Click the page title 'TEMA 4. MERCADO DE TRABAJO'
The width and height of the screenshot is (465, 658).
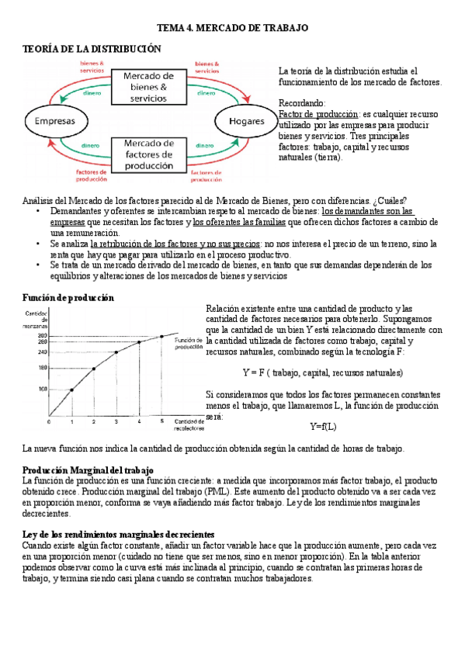point(233,28)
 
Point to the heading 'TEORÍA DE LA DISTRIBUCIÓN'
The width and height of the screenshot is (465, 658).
point(92,48)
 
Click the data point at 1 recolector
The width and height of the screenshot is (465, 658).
point(71,390)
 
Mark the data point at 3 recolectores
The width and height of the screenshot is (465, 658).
point(116,352)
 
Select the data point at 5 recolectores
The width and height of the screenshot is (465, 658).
point(161,336)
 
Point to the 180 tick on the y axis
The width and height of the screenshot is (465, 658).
point(43,368)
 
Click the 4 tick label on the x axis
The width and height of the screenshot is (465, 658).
point(139,421)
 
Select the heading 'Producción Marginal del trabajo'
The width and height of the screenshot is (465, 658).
point(88,470)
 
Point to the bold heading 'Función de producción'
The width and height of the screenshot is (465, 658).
point(68,297)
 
